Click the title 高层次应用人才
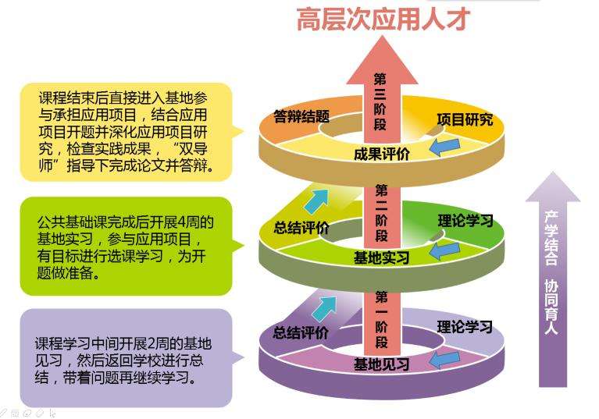tap(382, 20)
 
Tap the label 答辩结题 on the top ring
tap(301, 117)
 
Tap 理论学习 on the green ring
tap(465, 221)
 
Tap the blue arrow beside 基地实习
tap(444, 251)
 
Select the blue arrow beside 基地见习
tap(444, 358)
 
